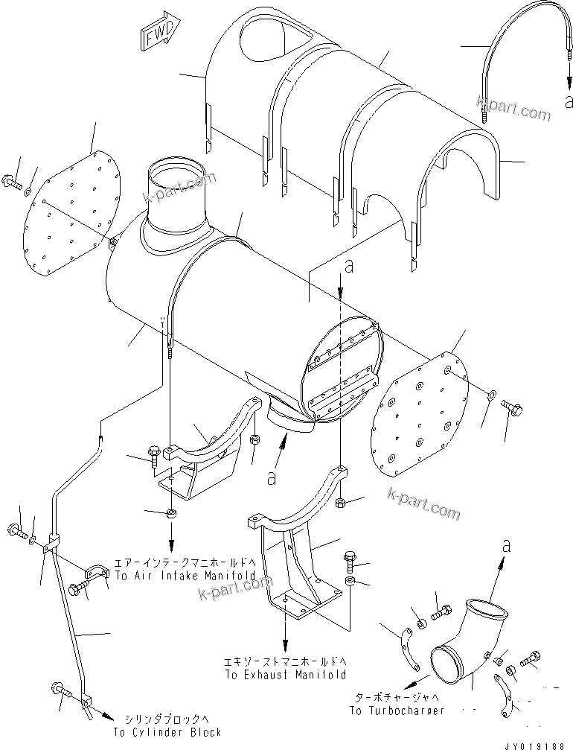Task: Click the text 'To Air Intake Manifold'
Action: [x=185, y=576]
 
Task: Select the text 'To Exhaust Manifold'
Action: [x=285, y=675]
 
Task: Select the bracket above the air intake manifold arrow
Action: [x=201, y=462]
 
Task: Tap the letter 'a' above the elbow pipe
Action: [x=507, y=546]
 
